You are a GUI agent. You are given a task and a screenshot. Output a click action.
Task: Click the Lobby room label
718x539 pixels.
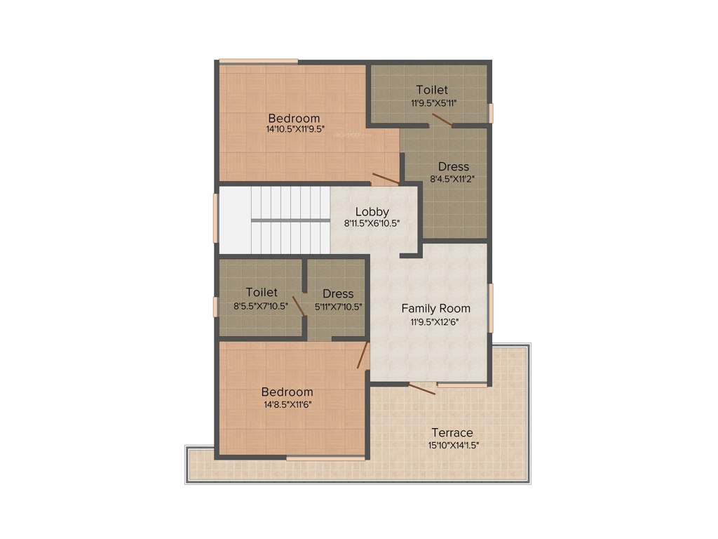click(x=372, y=211)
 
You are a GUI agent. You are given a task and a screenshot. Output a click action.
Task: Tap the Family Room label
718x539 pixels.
click(x=435, y=308)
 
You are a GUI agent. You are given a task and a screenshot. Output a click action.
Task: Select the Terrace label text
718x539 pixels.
click(x=452, y=432)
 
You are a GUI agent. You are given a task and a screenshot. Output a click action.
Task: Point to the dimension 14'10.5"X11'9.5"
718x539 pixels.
click(x=294, y=129)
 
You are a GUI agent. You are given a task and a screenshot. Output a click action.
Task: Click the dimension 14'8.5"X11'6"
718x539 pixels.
click(x=287, y=404)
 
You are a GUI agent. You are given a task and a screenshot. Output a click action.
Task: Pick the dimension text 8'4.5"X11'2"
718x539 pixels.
click(x=453, y=178)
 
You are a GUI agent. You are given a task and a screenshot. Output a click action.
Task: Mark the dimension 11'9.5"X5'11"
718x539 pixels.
click(x=433, y=102)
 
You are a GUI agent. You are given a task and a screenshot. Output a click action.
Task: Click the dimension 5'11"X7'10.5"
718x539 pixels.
click(x=337, y=306)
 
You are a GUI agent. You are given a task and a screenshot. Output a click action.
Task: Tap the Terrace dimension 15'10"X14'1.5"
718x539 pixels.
click(x=454, y=445)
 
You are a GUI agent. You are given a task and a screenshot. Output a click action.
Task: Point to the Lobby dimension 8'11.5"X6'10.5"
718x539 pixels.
click(x=372, y=223)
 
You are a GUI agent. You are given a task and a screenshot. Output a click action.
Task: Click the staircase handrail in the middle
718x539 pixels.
click(x=290, y=220)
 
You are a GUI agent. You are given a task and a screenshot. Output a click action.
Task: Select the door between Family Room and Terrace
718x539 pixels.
click(x=422, y=388)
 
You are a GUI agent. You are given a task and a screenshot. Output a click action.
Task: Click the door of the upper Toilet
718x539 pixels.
click(x=442, y=121)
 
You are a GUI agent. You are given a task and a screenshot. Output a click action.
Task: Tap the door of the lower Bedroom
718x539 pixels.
click(x=363, y=355)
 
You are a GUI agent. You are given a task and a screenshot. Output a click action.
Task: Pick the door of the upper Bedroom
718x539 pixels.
click(x=386, y=178)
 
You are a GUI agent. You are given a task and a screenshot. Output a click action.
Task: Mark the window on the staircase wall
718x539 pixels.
click(x=216, y=218)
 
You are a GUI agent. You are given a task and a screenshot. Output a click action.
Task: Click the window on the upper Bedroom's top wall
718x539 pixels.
click(x=258, y=61)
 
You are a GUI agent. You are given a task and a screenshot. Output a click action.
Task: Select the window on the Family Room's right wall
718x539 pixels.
click(x=491, y=308)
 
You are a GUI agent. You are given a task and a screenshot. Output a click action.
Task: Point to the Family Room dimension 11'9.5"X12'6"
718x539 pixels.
click(x=435, y=321)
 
